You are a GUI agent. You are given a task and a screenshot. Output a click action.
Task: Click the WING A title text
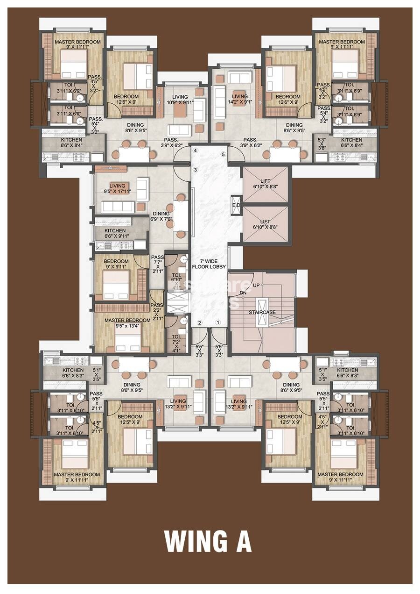coord(208,541)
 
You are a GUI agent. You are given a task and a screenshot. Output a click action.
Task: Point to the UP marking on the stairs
coord(256,285)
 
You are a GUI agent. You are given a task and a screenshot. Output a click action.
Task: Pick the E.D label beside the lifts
coord(236,206)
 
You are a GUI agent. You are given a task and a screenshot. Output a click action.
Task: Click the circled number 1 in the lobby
coord(217,322)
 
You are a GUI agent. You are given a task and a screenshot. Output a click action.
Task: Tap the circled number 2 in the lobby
coord(199,322)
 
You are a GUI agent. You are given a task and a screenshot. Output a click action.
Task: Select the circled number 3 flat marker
coord(196,169)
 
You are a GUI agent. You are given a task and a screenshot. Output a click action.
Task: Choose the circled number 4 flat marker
coord(196,151)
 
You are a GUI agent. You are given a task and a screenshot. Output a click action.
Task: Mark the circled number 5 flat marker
coord(223,154)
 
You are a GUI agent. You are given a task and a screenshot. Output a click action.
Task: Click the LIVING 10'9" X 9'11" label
coord(180,100)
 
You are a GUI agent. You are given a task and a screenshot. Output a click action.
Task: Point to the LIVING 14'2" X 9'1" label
coord(240,100)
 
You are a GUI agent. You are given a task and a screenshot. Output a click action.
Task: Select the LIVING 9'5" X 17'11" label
coord(117,188)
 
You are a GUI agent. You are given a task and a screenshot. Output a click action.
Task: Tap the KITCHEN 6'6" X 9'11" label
coord(115,234)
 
